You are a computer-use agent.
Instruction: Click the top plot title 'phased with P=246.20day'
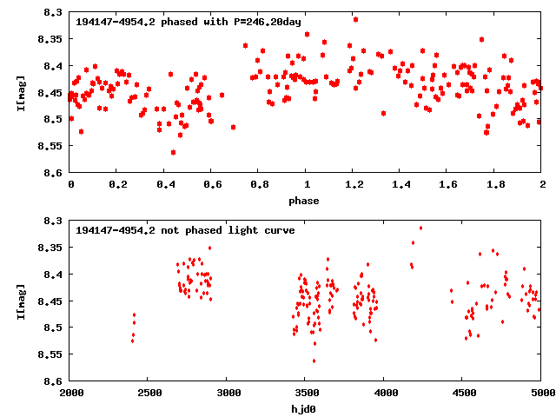click(x=191, y=22)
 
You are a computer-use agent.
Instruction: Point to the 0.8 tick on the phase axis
click(x=259, y=185)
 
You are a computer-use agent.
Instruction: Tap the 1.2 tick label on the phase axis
click(x=354, y=185)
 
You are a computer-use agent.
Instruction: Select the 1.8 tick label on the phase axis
click(x=495, y=185)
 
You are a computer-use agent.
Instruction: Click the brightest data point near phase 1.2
click(x=355, y=19)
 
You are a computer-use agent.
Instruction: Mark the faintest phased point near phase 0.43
click(x=174, y=152)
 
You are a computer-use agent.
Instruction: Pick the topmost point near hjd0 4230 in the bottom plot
click(x=421, y=228)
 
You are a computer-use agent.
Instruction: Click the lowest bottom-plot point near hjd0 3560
click(x=314, y=361)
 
